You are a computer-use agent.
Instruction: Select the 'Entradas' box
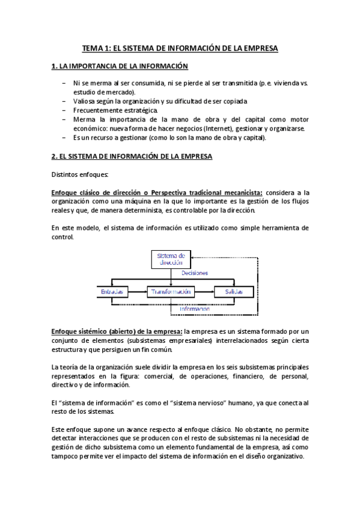(111, 291)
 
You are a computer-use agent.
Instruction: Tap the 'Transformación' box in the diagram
(171, 291)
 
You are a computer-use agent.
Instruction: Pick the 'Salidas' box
(231, 291)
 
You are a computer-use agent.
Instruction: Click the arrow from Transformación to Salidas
(205, 292)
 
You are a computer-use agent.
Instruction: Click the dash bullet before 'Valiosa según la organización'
(64, 101)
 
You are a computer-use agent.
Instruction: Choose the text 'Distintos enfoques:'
(81, 175)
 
